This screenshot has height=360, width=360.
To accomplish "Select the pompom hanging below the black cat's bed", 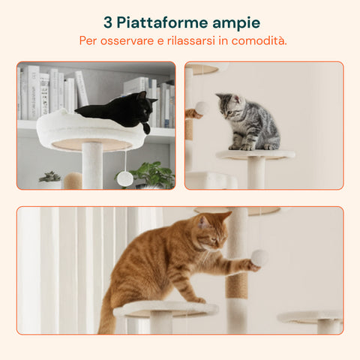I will [124, 178].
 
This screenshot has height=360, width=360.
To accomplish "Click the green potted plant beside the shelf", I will [153, 175].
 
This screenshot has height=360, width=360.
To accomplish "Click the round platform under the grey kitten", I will [255, 154].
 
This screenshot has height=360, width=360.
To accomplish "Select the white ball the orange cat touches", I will [259, 258].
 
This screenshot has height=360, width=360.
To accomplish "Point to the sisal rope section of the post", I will [237, 285].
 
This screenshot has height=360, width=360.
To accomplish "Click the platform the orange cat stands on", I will [165, 307].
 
